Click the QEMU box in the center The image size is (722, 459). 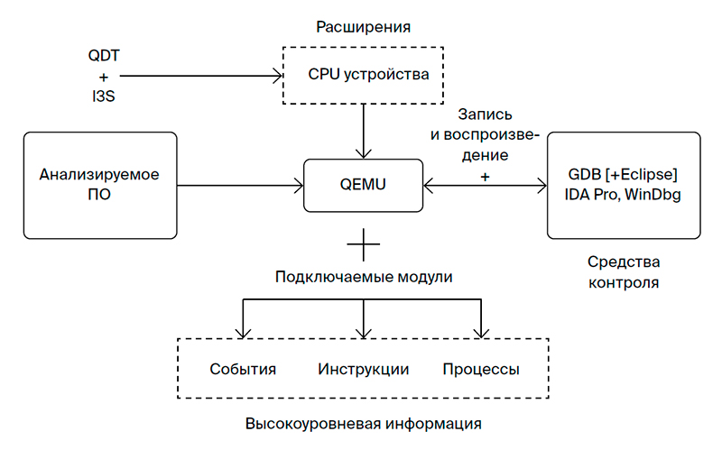click(363, 186)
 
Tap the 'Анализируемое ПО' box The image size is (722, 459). click(99, 185)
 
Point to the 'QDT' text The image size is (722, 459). click(103, 55)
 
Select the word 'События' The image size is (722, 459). click(242, 370)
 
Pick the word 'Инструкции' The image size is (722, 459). click(363, 370)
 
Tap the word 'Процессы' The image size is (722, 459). click(480, 370)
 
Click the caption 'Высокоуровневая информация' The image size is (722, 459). click(363, 423)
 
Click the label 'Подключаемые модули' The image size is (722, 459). click(363, 277)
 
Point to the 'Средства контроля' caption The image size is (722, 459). click(623, 272)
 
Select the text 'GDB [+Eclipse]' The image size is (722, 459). click(623, 173)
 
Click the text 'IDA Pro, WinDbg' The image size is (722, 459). click(623, 195)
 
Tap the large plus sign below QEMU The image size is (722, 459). click(363, 243)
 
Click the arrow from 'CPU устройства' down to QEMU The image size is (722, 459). click(363, 131)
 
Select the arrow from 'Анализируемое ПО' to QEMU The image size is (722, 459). click(240, 187)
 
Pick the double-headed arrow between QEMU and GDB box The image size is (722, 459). click(484, 187)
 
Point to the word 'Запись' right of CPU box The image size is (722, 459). click(486, 115)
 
